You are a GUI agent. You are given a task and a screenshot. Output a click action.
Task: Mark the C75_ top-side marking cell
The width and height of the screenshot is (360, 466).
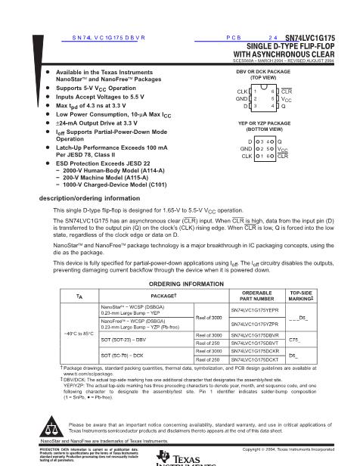(x=315, y=339)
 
